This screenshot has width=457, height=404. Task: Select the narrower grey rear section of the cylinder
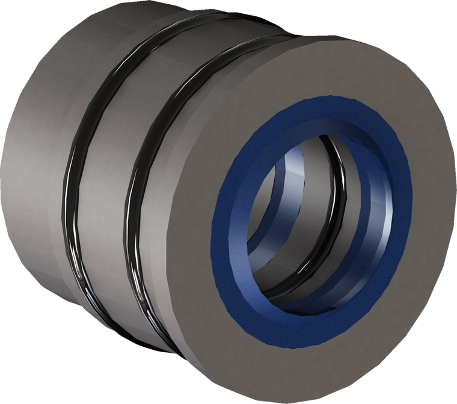click(30, 181)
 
